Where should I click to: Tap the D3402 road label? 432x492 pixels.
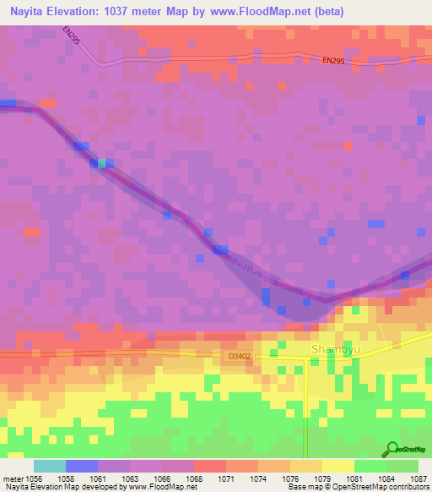240,358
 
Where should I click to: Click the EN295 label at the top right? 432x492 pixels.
334,60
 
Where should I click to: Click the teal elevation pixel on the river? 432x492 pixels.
102,162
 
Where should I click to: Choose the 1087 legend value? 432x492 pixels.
418,478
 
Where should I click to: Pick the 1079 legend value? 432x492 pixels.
322,478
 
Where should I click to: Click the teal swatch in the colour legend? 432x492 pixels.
50,466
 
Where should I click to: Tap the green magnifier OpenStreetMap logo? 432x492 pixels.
391,449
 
